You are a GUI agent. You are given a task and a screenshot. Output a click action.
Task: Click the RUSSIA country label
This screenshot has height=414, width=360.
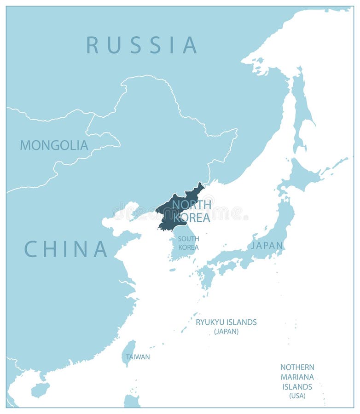click(142, 45)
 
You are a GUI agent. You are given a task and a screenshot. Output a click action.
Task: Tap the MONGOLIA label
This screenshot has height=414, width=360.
click(54, 145)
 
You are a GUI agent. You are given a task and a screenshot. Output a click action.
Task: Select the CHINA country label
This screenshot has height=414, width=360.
click(65, 249)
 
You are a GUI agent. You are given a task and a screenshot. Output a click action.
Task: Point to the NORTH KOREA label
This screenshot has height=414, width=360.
click(192, 211)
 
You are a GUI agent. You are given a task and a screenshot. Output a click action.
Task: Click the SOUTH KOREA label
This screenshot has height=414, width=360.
click(188, 243)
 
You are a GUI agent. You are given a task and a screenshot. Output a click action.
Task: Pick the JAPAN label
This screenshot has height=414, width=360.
click(267, 245)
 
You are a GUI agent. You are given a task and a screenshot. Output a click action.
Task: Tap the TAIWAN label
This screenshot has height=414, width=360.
click(138, 356)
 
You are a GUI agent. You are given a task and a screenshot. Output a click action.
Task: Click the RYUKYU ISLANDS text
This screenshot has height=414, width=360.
click(226, 322)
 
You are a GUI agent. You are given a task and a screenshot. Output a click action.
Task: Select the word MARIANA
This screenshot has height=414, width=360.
click(297, 377)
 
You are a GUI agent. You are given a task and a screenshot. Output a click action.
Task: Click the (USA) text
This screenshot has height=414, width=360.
click(297, 396)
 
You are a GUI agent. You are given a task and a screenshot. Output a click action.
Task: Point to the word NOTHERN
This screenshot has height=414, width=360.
click(297, 367)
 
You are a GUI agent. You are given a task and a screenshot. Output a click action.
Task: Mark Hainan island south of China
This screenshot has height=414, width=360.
click(40, 390)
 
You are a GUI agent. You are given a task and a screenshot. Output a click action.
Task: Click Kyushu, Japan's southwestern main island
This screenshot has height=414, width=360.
click(207, 276)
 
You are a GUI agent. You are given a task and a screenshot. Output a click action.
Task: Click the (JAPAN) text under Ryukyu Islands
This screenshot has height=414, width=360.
click(226, 331)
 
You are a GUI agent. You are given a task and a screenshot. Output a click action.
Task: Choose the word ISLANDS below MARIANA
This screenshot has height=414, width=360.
click(297, 387)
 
